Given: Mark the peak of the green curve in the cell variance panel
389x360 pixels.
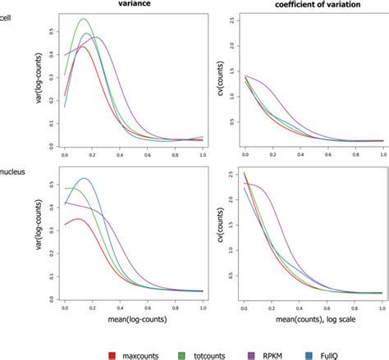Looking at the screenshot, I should (83, 19).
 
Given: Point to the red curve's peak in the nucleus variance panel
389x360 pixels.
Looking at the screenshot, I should (77, 219).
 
